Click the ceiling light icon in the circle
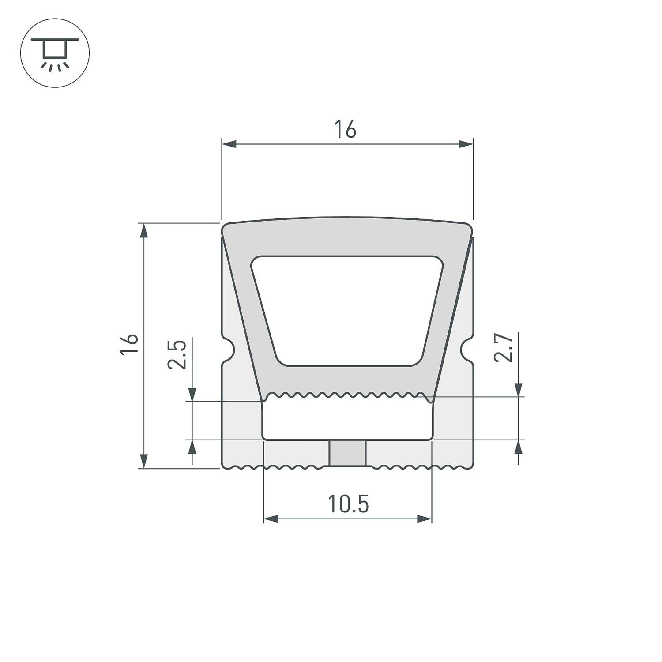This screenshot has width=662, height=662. click(x=55, y=53)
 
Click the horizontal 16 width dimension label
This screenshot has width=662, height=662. click(x=345, y=130)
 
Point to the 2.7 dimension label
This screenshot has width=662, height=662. click(x=504, y=348)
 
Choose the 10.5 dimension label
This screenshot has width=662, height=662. click(x=348, y=504)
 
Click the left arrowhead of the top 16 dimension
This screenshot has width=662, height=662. click(x=229, y=144)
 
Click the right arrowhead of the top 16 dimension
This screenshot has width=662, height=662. click(x=466, y=144)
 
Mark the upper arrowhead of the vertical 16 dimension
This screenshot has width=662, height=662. click(x=143, y=230)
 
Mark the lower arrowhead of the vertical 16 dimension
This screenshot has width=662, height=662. click(x=143, y=461)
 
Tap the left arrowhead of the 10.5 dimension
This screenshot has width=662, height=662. click(x=271, y=519)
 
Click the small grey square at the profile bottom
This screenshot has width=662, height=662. click(x=348, y=453)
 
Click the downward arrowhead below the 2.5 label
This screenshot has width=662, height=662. click(x=192, y=394)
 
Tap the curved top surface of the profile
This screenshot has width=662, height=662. click(x=347, y=219)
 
